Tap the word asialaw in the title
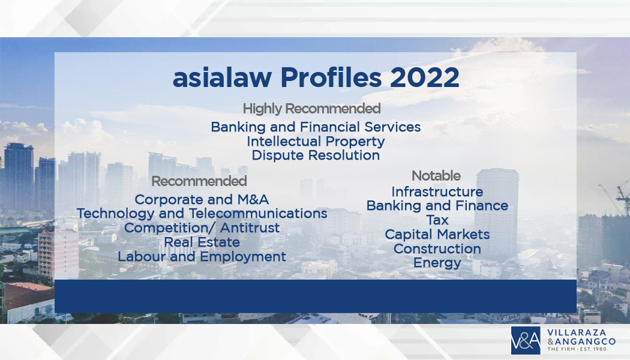(222, 77)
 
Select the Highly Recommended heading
(312, 109)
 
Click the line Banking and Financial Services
(316, 127)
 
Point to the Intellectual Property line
(316, 142)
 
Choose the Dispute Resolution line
(316, 155)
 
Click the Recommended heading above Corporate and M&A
(199, 181)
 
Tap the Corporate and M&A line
(202, 199)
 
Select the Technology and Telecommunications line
(202, 214)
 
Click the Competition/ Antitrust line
(202, 228)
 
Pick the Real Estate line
(202, 242)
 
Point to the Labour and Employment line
(202, 257)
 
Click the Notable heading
(436, 176)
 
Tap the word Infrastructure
(437, 191)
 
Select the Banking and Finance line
(437, 206)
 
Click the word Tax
(437, 220)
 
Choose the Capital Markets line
(437, 234)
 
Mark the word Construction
(437, 249)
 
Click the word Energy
(437, 263)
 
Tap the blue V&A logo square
(526, 341)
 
